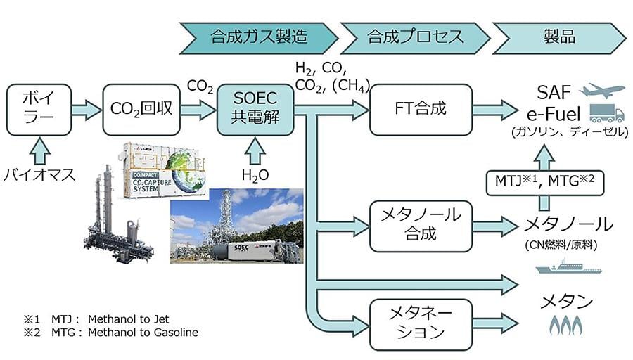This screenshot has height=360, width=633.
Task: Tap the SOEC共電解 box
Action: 255,109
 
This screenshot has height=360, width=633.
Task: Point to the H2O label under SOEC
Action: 255,174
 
